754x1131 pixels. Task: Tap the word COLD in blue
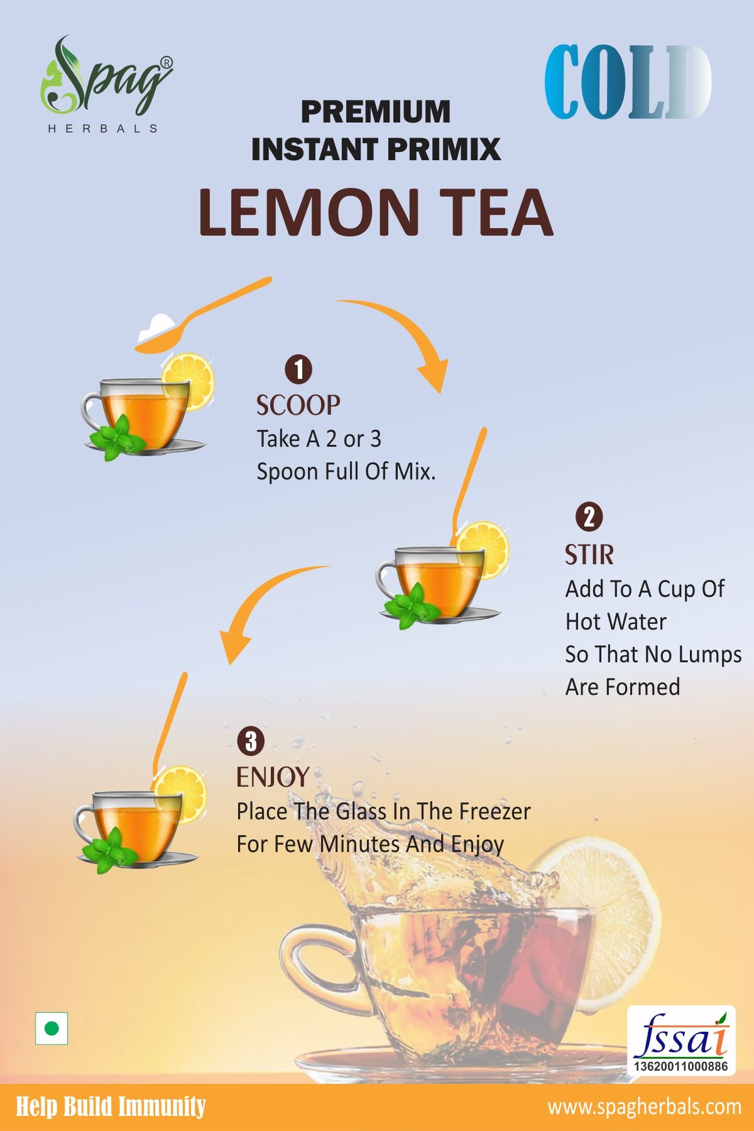628,82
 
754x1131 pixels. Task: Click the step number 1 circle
298,369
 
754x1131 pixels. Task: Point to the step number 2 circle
589,517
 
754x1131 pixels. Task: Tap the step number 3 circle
251,741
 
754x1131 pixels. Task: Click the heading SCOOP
298,405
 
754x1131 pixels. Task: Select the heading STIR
589,555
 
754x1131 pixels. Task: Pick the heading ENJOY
273,777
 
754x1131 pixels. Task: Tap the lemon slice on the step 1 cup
188,381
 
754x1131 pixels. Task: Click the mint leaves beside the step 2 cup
412,606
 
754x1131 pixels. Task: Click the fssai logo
681,1040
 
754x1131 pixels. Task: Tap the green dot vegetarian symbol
52,1029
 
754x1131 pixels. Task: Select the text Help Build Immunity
111,1106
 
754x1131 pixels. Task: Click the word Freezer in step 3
494,811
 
